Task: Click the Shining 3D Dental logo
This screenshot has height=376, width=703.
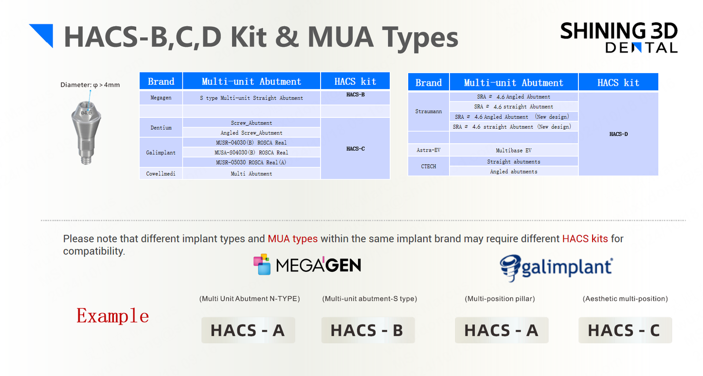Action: click(619, 38)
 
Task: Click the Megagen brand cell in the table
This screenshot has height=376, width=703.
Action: click(161, 98)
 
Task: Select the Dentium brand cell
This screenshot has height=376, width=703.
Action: click(161, 128)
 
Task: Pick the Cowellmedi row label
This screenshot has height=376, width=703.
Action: click(161, 173)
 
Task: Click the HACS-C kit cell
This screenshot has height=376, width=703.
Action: click(355, 149)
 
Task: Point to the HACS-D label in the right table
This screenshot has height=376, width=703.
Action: click(618, 134)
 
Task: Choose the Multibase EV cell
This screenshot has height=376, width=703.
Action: click(513, 150)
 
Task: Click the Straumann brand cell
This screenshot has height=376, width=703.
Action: click(429, 111)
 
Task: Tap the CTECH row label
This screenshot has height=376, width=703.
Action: click(429, 167)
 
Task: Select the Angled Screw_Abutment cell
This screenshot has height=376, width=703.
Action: click(251, 132)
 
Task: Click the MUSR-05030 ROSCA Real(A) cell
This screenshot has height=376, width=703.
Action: click(251, 162)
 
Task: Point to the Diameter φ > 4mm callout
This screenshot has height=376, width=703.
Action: click(90, 85)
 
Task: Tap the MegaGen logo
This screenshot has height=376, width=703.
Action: click(307, 264)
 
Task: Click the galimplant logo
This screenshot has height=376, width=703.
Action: click(556, 267)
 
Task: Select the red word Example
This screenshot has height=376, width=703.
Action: click(112, 316)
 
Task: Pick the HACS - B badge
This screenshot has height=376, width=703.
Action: click(368, 330)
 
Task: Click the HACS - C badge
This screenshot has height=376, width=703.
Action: click(625, 330)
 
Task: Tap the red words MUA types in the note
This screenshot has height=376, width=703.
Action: click(292, 239)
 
